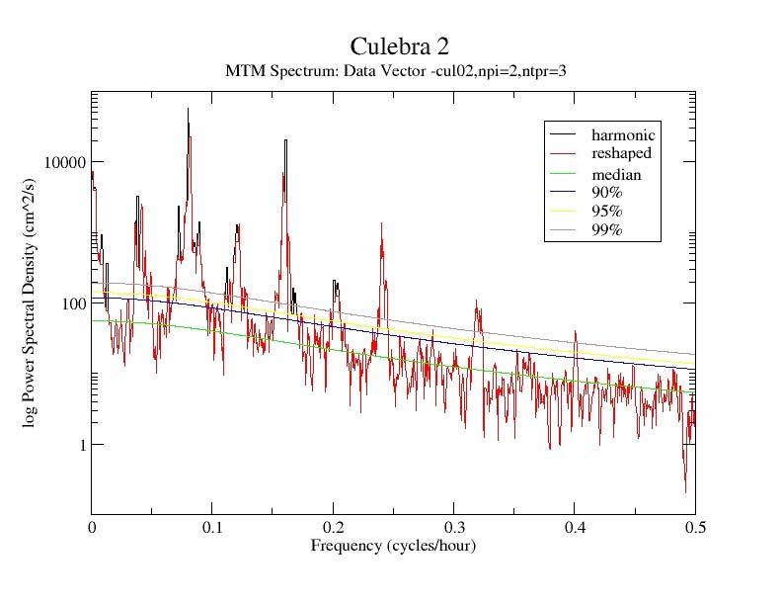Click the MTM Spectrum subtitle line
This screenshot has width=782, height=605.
(x=395, y=70)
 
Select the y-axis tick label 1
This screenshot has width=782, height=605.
(x=79, y=445)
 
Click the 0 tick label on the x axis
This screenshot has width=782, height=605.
(x=92, y=529)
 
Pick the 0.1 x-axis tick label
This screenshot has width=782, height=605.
(x=212, y=529)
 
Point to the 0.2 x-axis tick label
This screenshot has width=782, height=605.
(x=334, y=529)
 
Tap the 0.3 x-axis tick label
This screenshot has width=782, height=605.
(x=454, y=529)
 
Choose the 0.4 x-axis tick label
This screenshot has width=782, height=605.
(x=575, y=529)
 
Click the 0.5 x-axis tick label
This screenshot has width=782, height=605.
(x=695, y=529)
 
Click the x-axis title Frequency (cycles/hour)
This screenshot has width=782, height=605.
(x=393, y=546)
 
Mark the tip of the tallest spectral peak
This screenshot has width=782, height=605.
(x=188, y=109)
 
